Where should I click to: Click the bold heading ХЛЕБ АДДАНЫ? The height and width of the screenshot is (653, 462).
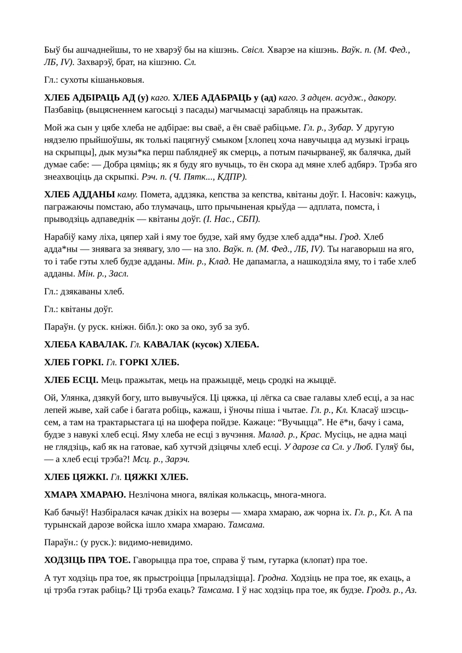click(x=79, y=194)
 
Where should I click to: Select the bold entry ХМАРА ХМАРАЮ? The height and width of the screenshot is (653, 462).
click(x=85, y=495)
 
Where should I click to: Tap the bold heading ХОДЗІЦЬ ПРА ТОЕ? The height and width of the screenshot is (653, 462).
click(x=87, y=560)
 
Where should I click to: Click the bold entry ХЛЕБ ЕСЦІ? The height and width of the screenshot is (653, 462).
click(x=71, y=380)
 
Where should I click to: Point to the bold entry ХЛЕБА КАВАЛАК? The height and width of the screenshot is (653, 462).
click(x=86, y=345)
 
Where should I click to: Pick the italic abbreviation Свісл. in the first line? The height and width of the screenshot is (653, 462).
click(x=253, y=50)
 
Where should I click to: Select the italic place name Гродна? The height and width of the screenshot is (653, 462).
click(x=272, y=578)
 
